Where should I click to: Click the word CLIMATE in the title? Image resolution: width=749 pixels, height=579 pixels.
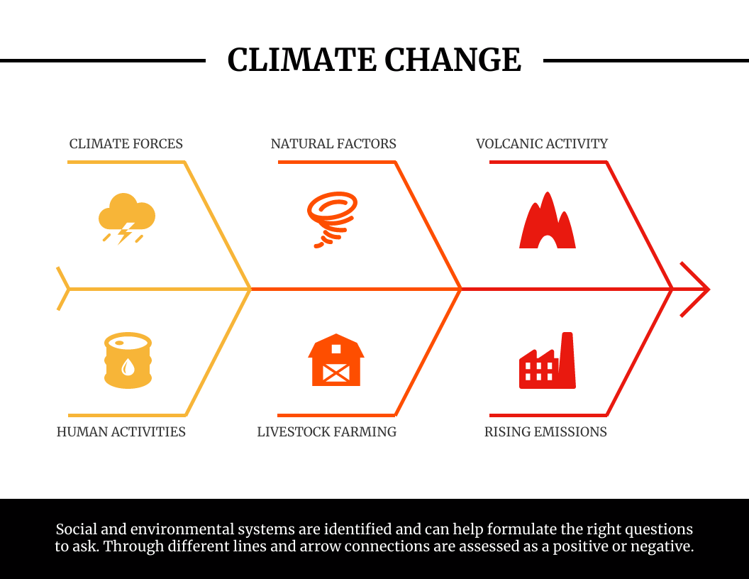tap(301, 60)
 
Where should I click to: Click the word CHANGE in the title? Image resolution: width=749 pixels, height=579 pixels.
tap(453, 60)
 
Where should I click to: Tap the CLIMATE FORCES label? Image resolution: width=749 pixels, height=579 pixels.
tap(126, 144)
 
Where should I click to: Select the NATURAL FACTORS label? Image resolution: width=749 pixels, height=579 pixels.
tap(333, 144)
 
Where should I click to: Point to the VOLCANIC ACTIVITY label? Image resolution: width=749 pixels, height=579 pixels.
tap(542, 144)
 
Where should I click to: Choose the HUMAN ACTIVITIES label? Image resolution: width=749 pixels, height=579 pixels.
tap(121, 432)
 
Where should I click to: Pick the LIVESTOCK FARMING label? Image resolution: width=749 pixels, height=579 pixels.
tap(327, 432)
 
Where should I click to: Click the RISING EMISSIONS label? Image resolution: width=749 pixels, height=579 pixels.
tap(545, 432)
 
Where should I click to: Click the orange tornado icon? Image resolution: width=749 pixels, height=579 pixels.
tap(333, 219)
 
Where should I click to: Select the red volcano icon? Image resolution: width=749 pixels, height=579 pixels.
tap(548, 220)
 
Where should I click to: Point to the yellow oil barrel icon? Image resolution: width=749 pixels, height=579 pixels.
tap(128, 360)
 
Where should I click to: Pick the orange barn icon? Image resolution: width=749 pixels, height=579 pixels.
tap(336, 360)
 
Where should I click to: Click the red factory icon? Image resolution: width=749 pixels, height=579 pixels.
tap(548, 360)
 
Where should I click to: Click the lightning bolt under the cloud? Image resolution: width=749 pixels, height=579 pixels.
tap(125, 233)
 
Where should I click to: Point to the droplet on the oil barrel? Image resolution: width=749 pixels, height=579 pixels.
tap(128, 367)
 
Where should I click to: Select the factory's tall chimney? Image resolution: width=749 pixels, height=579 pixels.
tap(567, 358)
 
